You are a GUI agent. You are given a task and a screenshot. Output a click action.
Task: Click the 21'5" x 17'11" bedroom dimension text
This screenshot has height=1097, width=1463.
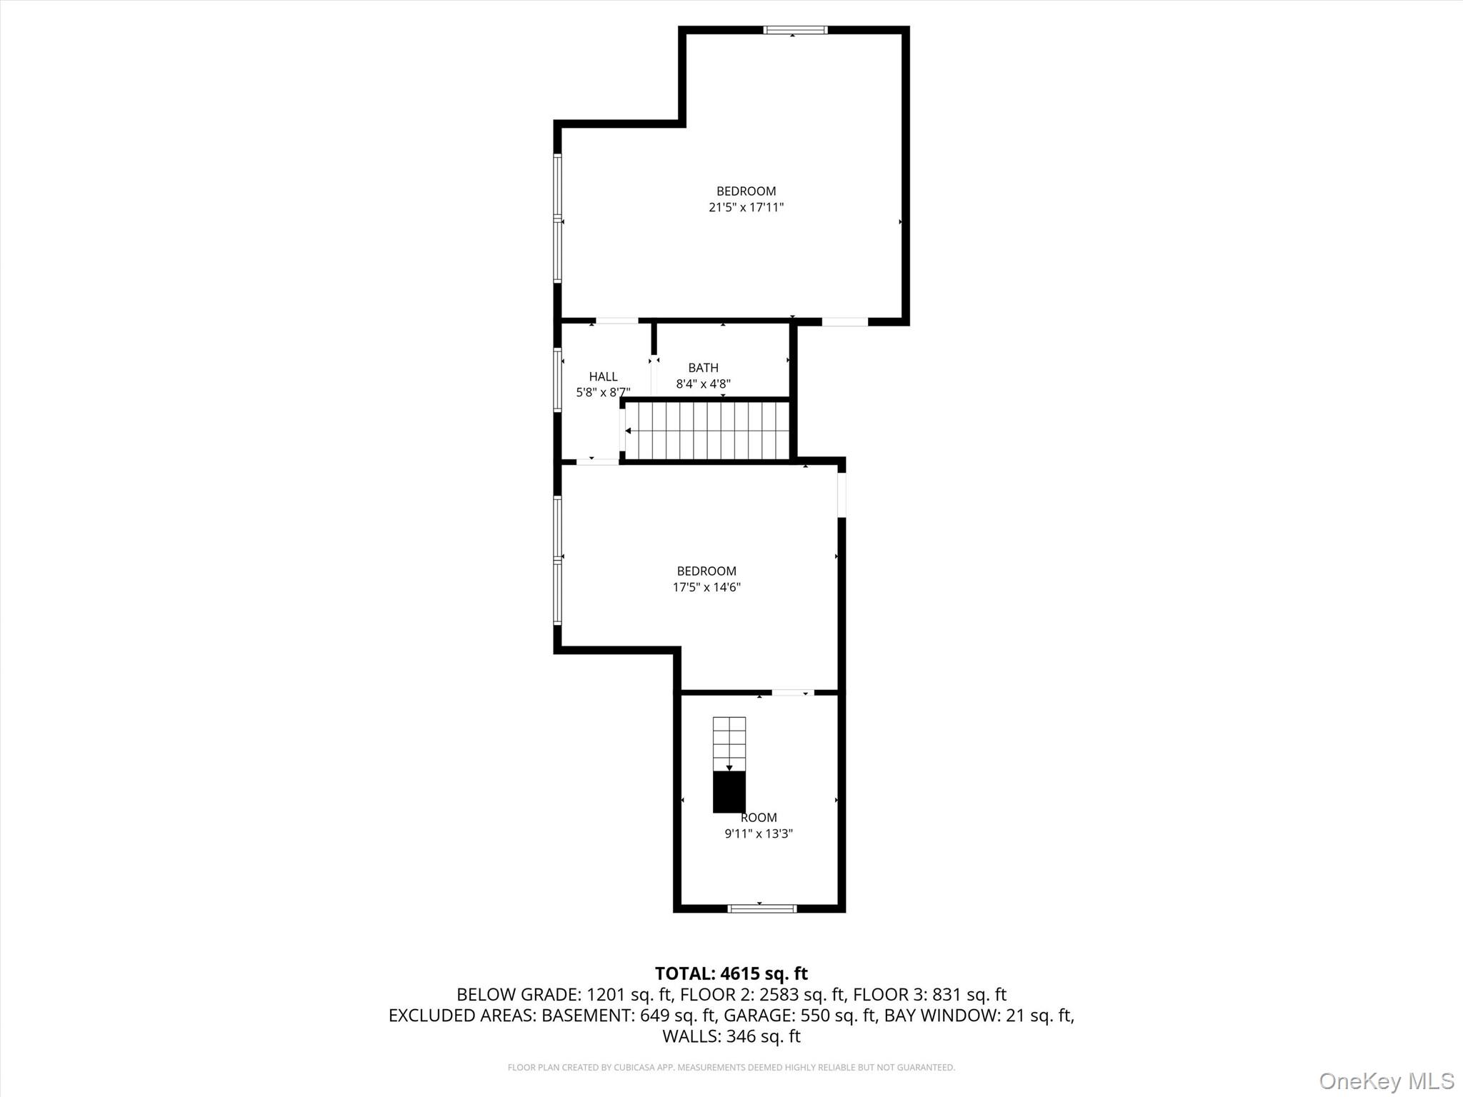point(746,208)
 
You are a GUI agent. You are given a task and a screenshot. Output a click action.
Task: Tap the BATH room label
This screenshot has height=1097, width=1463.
point(703,368)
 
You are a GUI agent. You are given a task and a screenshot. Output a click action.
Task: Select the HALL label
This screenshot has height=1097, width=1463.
point(603,376)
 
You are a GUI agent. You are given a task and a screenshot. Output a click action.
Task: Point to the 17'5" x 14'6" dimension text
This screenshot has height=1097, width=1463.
point(706,587)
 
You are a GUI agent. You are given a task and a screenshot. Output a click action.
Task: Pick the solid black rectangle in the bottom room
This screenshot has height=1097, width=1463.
point(729,792)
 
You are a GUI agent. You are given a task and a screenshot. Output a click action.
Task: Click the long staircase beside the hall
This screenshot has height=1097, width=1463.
point(707,431)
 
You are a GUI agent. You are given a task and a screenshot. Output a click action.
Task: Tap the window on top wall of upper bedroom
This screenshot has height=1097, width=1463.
point(795,30)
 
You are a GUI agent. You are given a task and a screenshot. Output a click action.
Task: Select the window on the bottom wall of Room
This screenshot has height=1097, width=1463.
point(762,908)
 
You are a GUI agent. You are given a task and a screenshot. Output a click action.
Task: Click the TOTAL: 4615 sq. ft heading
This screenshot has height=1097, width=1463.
point(731,973)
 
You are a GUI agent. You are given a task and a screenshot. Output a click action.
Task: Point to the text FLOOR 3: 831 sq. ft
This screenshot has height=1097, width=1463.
point(929,995)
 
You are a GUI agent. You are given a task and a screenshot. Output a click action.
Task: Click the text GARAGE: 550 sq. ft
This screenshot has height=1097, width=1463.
point(800,1016)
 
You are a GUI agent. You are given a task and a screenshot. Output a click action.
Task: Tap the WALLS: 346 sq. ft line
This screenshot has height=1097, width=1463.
point(731,1036)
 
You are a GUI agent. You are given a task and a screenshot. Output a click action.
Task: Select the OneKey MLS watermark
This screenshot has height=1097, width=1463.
point(1386,1081)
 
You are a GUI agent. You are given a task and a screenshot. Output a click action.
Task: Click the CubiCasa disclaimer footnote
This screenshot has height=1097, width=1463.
point(731,1068)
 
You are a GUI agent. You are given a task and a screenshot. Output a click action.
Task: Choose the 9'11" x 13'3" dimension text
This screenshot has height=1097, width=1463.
point(759,833)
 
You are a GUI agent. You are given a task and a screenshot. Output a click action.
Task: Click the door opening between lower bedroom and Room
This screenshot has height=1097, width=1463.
point(792,692)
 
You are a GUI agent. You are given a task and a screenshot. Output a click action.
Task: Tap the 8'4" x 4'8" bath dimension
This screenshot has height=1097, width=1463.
point(703,384)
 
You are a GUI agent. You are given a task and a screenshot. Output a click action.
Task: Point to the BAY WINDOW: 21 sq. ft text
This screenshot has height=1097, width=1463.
point(979,1016)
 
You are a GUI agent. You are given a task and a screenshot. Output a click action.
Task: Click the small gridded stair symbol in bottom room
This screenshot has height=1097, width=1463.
point(729,743)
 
